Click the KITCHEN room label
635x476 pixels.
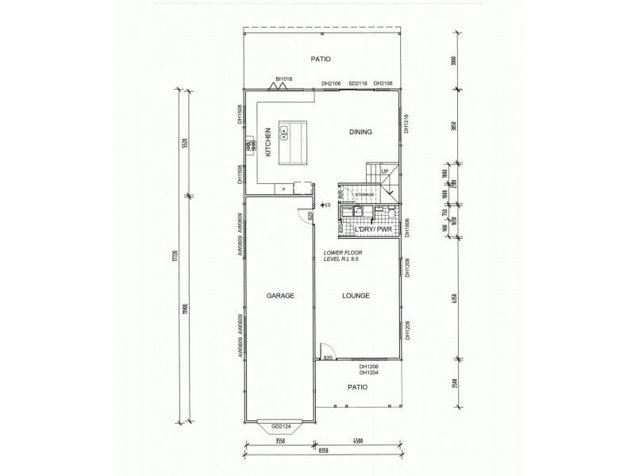[x=269, y=142]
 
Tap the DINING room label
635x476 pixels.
[x=360, y=132]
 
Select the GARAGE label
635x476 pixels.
[x=281, y=296]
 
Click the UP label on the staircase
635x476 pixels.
[x=384, y=171]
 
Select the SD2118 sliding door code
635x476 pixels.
[x=358, y=83]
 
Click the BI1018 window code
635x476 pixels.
[x=284, y=79]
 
